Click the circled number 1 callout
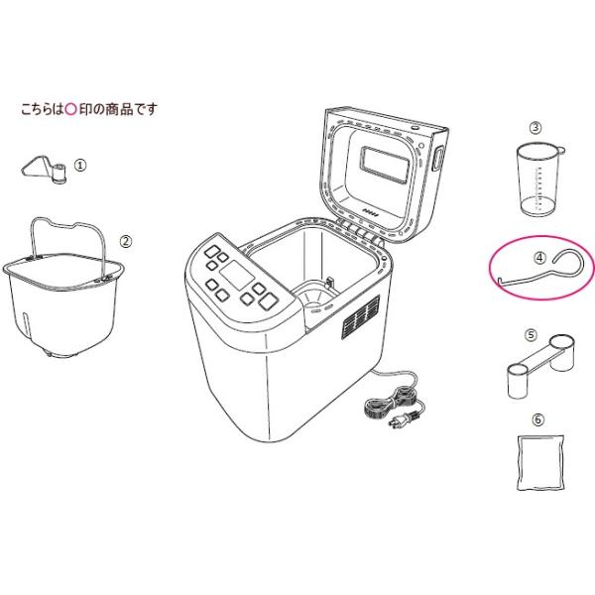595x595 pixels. coord(80,166)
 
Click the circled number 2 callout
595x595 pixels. coord(126,241)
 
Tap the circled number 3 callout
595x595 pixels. coord(535,128)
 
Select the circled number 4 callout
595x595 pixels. coord(539,258)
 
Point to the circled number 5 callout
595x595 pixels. coord(531,335)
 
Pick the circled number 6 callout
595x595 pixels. coord(537,419)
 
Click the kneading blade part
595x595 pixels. coord(45,170)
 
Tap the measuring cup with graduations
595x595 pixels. coord(539,178)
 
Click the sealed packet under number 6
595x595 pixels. coord(540,463)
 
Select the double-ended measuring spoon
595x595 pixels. coord(540,366)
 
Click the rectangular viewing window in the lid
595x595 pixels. coord(385,166)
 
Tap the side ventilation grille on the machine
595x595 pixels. coord(360,317)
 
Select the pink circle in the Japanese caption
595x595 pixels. coord(71,109)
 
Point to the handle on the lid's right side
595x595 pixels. coord(438,159)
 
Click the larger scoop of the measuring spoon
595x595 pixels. coord(562,352)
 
